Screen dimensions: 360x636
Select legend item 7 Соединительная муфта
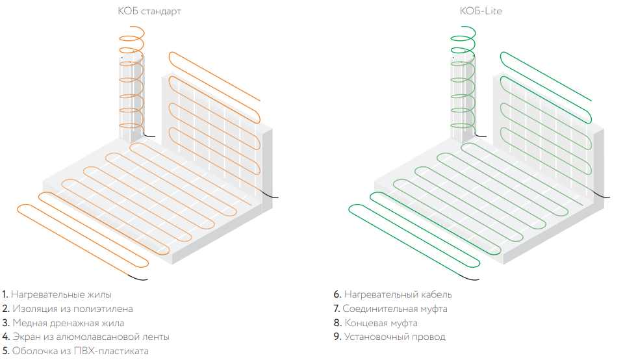(390, 309)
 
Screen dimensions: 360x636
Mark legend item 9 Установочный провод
(389, 337)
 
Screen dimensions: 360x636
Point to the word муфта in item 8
(402, 323)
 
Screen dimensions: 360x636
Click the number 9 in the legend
(337, 337)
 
